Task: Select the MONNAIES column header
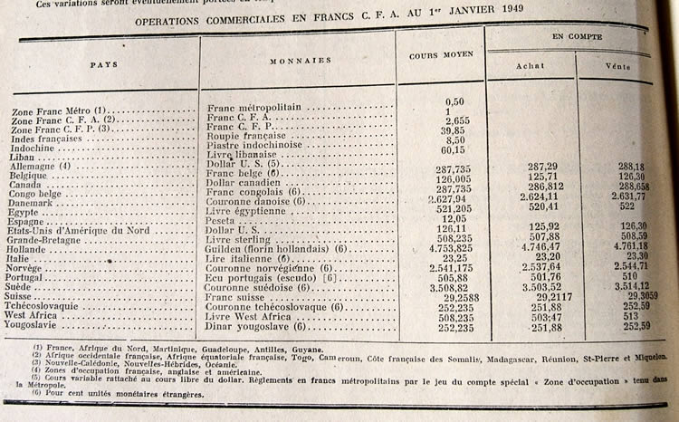tap(297, 61)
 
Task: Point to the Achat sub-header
tap(530, 66)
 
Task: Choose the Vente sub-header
tap(618, 66)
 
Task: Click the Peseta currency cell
tap(223, 219)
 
